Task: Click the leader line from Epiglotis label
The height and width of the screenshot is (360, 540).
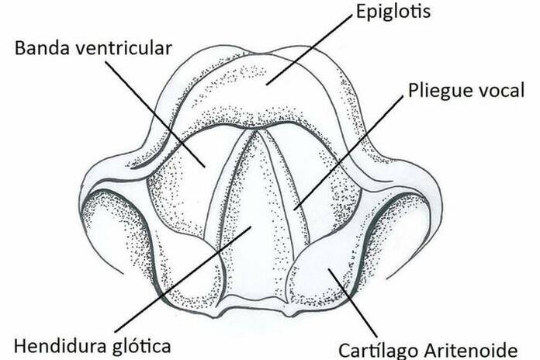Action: click(310, 47)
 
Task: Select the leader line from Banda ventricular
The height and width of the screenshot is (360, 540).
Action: click(155, 112)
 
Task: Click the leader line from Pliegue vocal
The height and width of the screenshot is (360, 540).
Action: click(349, 151)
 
